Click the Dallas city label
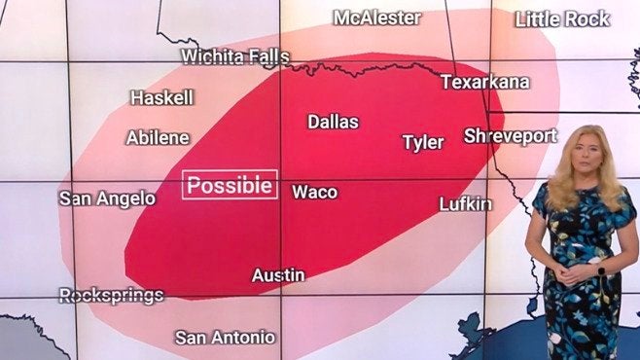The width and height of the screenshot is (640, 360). coord(333,123)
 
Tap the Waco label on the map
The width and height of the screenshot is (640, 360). coord(314,192)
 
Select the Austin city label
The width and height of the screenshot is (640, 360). coord(278,275)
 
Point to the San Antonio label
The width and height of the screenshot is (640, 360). coord(225,338)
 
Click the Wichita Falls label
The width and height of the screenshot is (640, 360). coord(234,56)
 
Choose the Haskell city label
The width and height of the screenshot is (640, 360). coord(162,98)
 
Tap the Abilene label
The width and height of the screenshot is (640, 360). coord(158,138)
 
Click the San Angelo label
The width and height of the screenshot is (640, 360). coord(107,198)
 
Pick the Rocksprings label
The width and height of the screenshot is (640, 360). coord(111,295)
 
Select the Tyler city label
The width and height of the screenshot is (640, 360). coord(423,143)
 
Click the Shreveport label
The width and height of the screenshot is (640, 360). coord(510,136)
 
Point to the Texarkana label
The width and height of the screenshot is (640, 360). coord(484,82)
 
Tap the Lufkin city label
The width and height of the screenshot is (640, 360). coord(466,204)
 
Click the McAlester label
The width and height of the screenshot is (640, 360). coord(377,18)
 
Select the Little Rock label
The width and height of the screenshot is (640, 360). coord(562,18)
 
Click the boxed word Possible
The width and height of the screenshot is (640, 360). coord(231,185)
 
